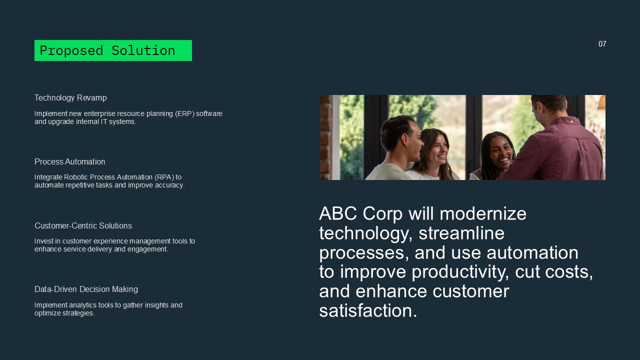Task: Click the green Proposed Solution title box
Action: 113,50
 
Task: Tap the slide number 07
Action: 602,44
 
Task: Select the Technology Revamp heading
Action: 70,97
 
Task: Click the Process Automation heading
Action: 69,161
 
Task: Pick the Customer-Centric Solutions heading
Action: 83,225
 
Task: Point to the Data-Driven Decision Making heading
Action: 86,289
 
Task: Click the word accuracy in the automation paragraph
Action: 168,185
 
